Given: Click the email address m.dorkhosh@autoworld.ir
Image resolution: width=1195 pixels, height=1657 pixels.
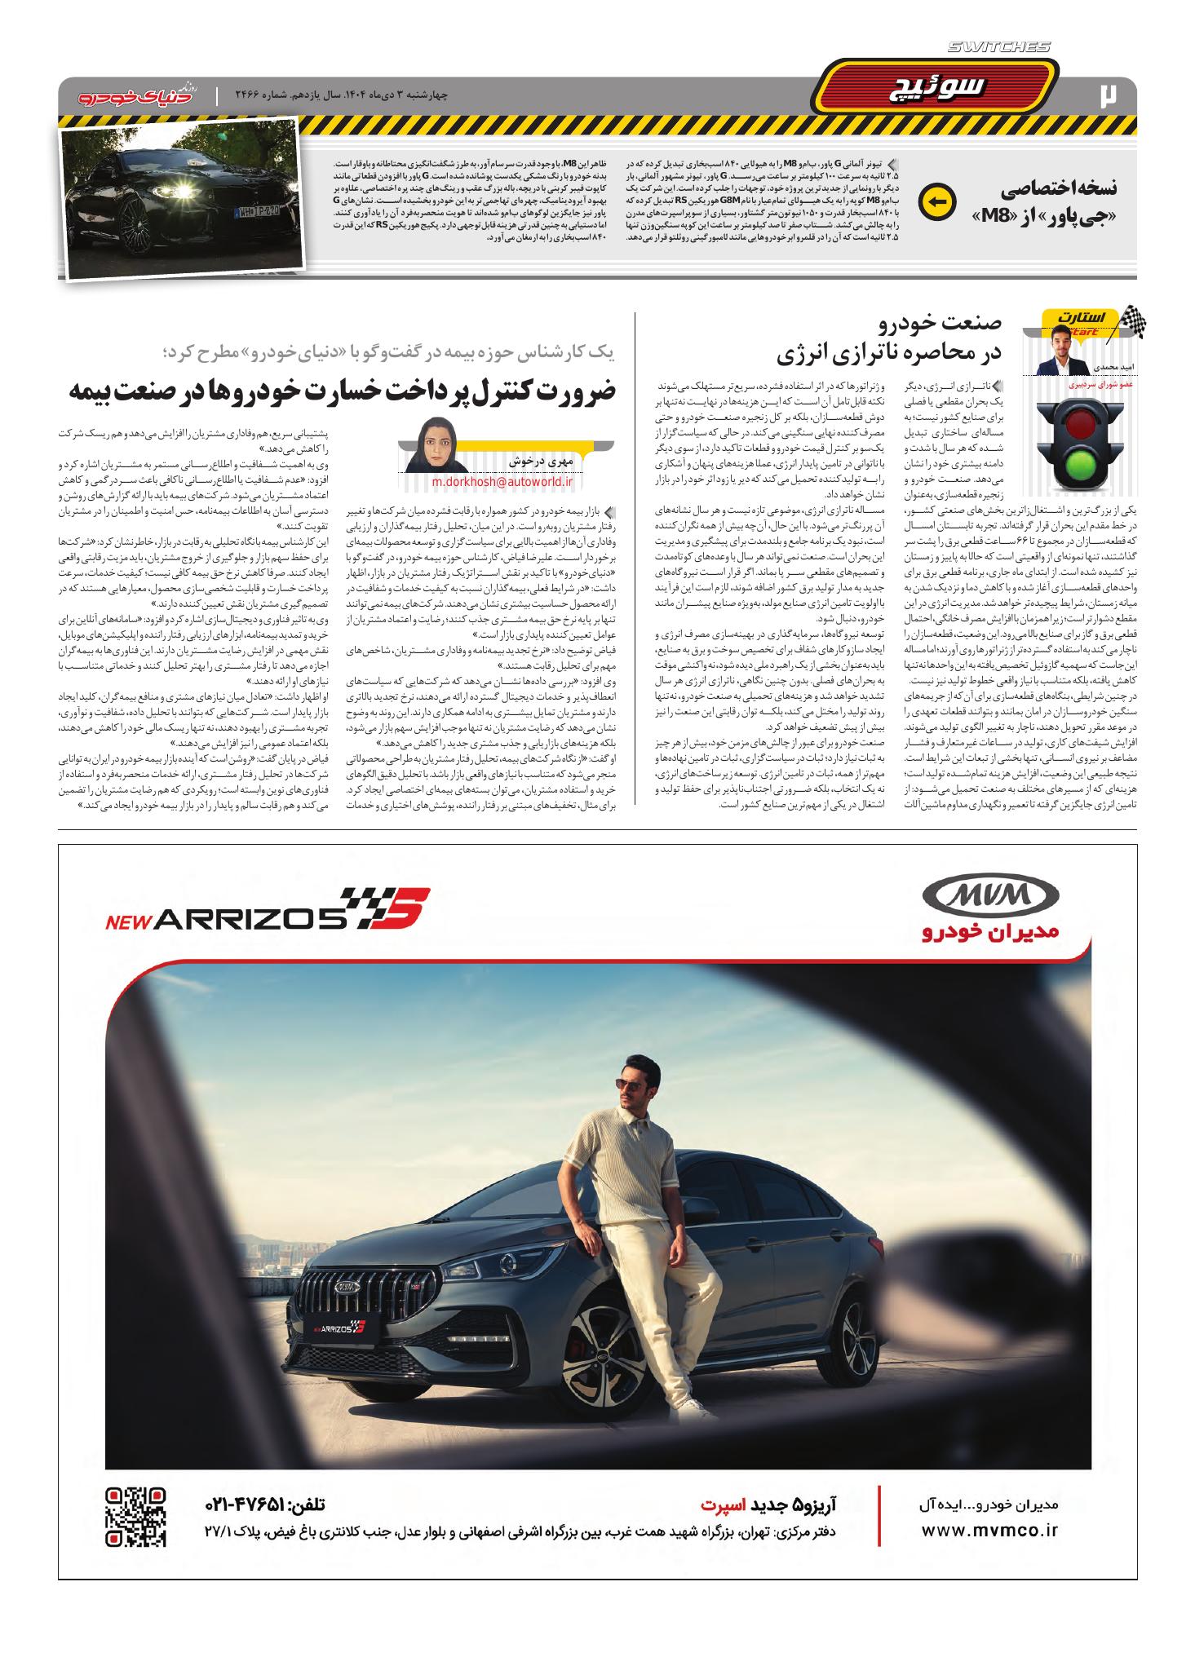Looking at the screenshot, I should pos(502,482).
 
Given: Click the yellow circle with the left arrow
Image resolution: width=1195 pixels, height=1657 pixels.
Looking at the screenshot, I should pos(935,201).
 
